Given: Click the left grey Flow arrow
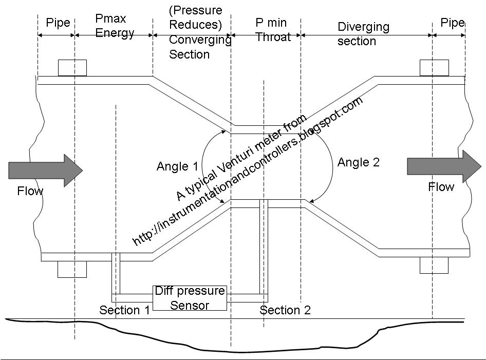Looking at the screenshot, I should [x=45, y=169].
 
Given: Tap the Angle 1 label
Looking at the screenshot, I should [x=177, y=166].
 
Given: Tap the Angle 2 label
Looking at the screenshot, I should [x=358, y=163].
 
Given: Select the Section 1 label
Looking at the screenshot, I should [x=125, y=310].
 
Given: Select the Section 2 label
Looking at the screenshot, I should [x=285, y=310].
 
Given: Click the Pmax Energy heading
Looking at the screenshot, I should [x=115, y=26].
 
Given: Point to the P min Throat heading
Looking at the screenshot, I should [x=273, y=30].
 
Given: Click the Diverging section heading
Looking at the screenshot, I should [x=363, y=33].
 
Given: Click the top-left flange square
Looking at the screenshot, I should [x=72, y=68].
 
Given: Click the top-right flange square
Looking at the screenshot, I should [x=434, y=68].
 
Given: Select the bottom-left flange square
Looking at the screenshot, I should [x=72, y=269].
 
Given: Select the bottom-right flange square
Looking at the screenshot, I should [x=434, y=265].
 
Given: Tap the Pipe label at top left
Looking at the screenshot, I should [x=58, y=23].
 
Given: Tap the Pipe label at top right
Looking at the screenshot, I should [x=452, y=23].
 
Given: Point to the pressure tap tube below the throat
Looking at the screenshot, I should [x=264, y=247].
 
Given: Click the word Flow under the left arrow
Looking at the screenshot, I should [x=30, y=192].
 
